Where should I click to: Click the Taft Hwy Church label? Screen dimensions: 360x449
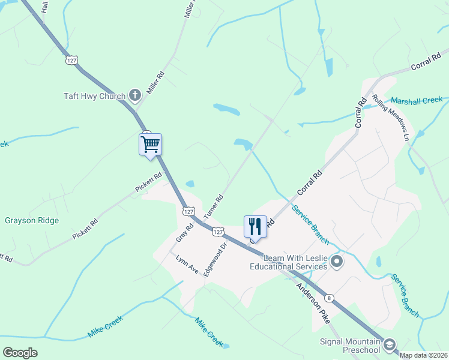pos(95,96)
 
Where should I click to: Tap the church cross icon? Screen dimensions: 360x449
pos(135,95)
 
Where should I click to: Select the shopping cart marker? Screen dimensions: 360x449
pos(150,144)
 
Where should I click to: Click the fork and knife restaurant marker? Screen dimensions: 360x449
pos(255,226)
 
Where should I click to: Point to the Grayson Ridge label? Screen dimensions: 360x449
pos(32,220)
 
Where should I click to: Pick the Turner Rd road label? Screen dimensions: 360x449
pos(213,206)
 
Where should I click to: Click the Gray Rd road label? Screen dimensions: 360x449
pos(185,233)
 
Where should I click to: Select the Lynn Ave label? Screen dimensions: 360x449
pos(187,265)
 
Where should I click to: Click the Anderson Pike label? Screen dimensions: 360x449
pos(313,304)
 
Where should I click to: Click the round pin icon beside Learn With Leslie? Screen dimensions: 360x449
pos(337,261)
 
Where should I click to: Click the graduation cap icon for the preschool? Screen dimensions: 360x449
pos(390,344)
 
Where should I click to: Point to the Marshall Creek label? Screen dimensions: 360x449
pos(417,100)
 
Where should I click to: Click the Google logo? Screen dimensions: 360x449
pos(20,353)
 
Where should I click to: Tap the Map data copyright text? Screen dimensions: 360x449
pos(424,355)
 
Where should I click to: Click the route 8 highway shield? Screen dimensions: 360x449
pos(329,298)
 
